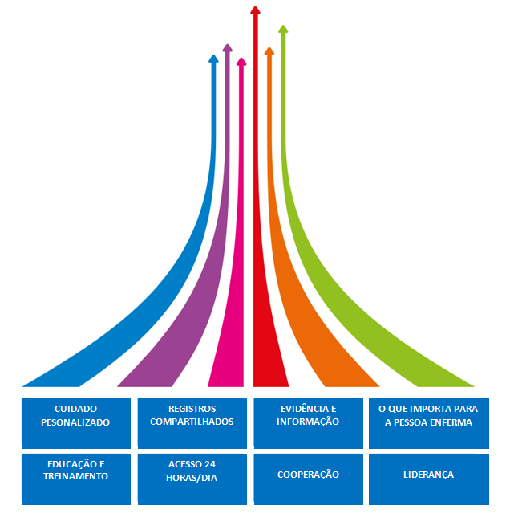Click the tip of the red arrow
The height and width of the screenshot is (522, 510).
pyautogui.click(x=255, y=10)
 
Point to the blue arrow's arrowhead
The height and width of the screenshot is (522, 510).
pyautogui.click(x=213, y=59)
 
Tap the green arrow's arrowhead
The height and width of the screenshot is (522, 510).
pyautogui.click(x=282, y=30)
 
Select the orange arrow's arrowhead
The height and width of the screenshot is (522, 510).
pyautogui.click(x=269, y=51)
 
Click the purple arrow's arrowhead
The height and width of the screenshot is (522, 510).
pyautogui.click(x=227, y=48)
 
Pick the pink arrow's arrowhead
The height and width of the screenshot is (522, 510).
pyautogui.click(x=241, y=62)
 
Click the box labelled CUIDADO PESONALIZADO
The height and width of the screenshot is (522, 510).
pyautogui.click(x=75, y=422)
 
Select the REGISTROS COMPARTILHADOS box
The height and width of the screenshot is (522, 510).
pyautogui.click(x=192, y=422)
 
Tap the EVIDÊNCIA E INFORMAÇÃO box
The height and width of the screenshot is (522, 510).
pyautogui.click(x=308, y=422)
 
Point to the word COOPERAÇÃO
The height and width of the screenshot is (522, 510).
pyautogui.click(x=308, y=475)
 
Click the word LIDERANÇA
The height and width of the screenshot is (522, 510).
pyautogui.click(x=428, y=475)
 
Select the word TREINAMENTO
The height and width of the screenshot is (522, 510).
pyautogui.click(x=75, y=476)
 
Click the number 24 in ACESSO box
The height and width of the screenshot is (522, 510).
pyautogui.click(x=210, y=464)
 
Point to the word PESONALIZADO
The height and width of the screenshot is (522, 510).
pyautogui.click(x=75, y=422)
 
